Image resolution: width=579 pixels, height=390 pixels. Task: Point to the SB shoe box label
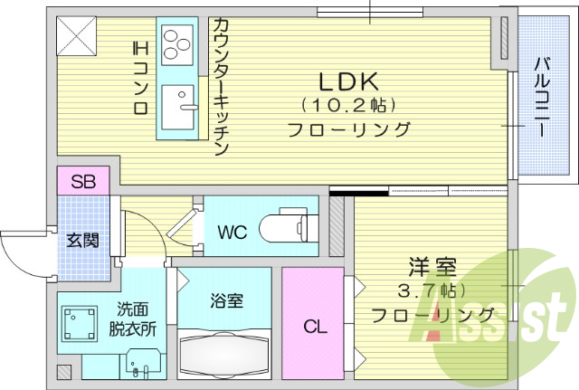83,180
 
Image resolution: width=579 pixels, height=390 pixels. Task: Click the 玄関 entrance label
82,241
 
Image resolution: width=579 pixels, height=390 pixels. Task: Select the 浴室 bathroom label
226,302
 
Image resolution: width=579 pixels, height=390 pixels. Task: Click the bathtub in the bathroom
224,357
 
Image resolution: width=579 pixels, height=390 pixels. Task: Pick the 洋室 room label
432,268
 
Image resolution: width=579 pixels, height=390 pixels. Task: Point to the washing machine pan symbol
80,324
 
